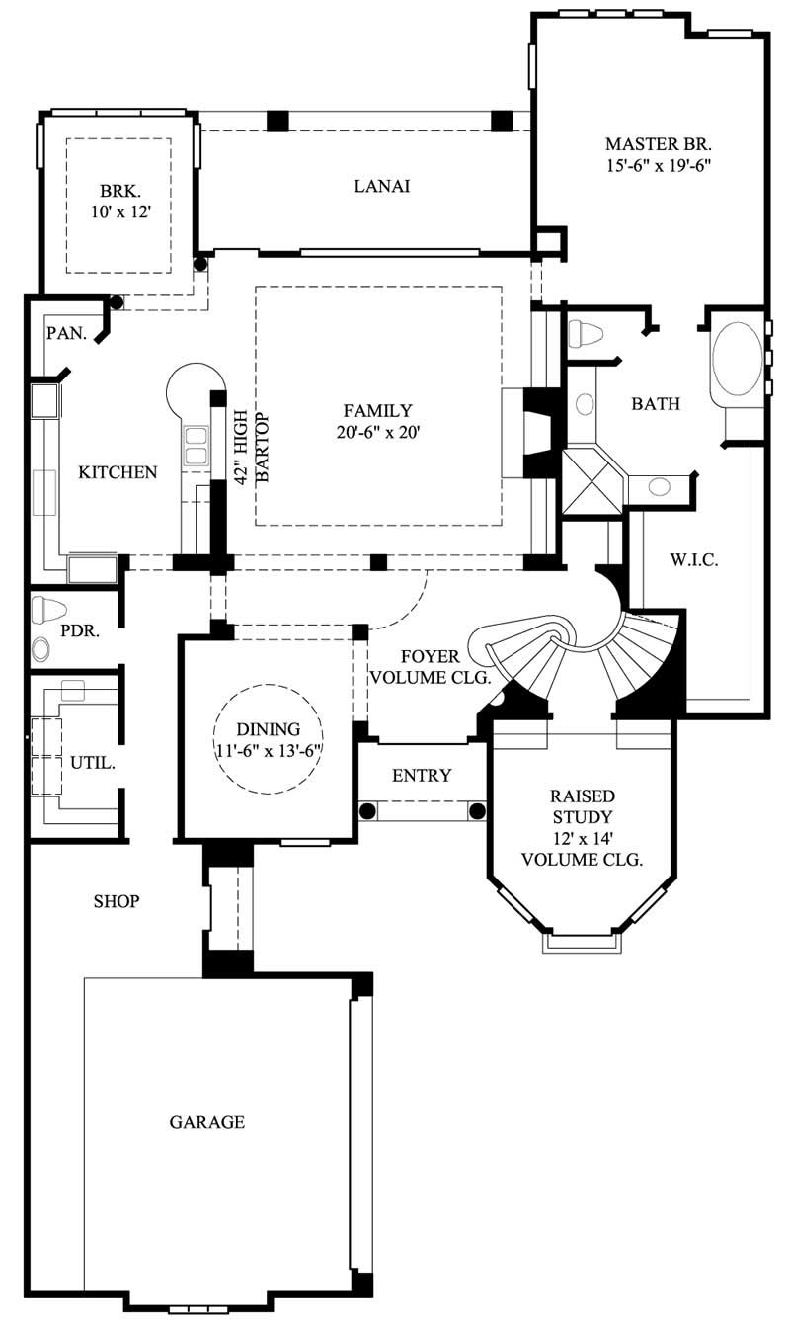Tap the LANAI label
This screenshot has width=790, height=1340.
pos(381,186)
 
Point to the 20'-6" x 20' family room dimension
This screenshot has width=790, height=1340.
pos(377,431)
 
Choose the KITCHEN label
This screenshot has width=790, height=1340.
pos(118,472)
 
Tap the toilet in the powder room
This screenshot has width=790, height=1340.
pos(47,610)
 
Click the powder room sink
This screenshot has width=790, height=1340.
pos(42,649)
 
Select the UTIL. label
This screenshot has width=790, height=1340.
pos(93,763)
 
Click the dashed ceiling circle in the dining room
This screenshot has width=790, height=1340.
pos(270,738)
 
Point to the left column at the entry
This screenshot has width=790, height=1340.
pos(367,811)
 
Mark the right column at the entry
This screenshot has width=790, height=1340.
pos(477,811)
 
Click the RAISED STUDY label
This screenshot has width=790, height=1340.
pos(582,805)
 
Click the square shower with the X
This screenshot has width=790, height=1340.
pos(592,482)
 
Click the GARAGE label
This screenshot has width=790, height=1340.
pos(206,1122)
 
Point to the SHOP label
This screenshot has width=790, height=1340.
pos(116,901)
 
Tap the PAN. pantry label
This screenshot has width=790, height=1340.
pos(66,333)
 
